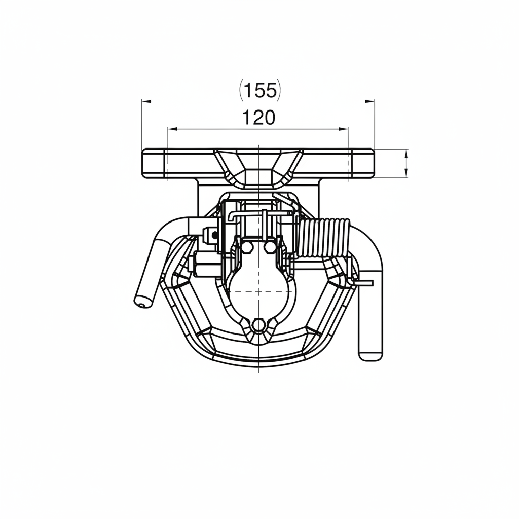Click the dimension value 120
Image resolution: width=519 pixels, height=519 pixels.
(x=259, y=118)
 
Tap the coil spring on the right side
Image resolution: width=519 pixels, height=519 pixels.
(x=323, y=238)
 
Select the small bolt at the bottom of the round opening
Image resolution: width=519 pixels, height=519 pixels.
(x=258, y=325)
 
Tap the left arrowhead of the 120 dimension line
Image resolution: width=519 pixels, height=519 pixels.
(x=172, y=128)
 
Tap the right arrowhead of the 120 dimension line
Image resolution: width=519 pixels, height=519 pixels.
(x=344, y=128)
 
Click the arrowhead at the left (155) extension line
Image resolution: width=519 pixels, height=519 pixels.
(x=146, y=101)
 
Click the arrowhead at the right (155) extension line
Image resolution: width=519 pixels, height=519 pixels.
(x=370, y=101)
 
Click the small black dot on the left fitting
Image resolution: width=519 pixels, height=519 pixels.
(x=215, y=235)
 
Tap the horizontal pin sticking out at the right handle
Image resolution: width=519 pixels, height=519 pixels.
(x=363, y=283)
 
